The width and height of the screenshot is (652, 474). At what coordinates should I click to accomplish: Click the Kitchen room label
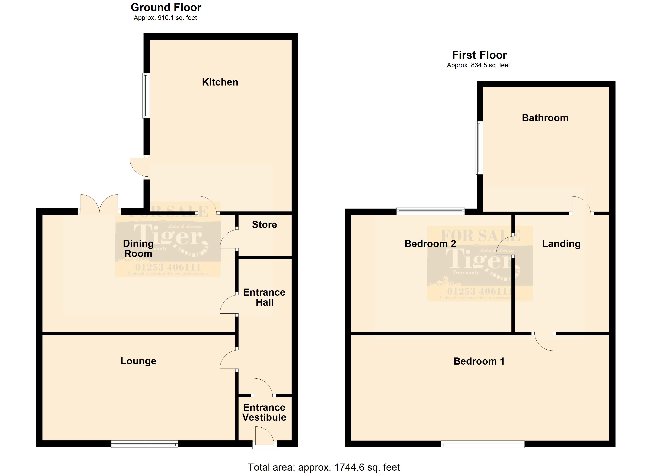(220, 82)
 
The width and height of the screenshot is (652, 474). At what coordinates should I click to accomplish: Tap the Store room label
(264, 225)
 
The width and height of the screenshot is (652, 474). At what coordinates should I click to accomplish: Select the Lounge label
(138, 361)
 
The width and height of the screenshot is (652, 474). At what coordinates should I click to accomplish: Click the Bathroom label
(545, 118)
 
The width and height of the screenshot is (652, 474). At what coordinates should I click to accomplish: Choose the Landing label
(561, 244)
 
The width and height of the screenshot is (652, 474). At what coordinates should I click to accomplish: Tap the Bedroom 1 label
(479, 361)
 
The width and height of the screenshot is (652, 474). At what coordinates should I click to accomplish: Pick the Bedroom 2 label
(430, 244)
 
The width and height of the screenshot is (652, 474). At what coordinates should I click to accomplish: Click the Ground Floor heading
(166, 8)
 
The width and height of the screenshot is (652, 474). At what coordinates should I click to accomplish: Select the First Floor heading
(479, 55)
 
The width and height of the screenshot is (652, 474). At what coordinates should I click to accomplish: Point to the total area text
(324, 467)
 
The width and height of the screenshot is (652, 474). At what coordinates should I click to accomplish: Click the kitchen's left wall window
(146, 96)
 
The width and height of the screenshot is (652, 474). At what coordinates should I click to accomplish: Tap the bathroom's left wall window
(479, 148)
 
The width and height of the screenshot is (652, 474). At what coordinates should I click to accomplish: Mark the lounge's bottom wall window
(145, 444)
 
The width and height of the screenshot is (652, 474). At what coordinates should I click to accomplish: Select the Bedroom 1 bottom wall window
(483, 444)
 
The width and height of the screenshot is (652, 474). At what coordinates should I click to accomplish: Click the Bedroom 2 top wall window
(430, 211)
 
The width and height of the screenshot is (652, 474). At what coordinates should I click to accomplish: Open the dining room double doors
(99, 205)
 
